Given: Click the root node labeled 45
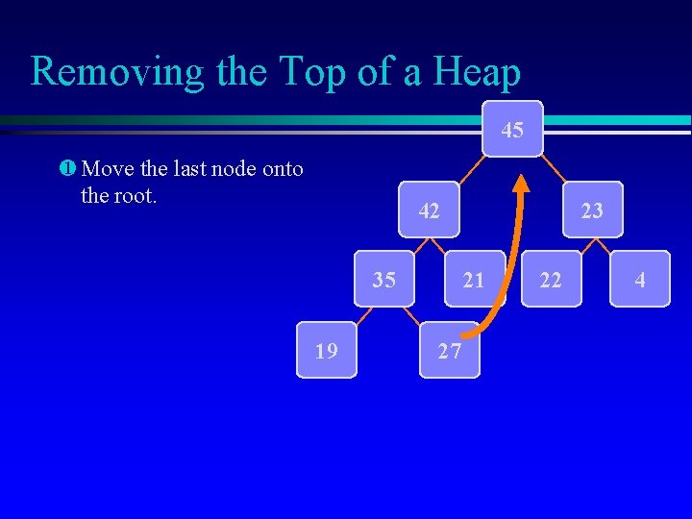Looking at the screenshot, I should pyautogui.click(x=512, y=129).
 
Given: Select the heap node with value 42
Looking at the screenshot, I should pyautogui.click(x=430, y=210).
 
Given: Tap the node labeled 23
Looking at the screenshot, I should pyautogui.click(x=592, y=210).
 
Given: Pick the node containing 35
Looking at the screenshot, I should pyautogui.click(x=384, y=279).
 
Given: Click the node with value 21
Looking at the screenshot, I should pyautogui.click(x=473, y=279).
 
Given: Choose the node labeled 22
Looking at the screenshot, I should pyautogui.click(x=551, y=279).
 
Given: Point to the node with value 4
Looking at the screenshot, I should pyautogui.click(x=639, y=279).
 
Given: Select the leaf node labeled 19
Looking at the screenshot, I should pyautogui.click(x=327, y=350).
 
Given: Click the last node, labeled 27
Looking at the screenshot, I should pyautogui.click(x=449, y=350).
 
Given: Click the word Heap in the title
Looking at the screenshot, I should pyautogui.click(x=476, y=72).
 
